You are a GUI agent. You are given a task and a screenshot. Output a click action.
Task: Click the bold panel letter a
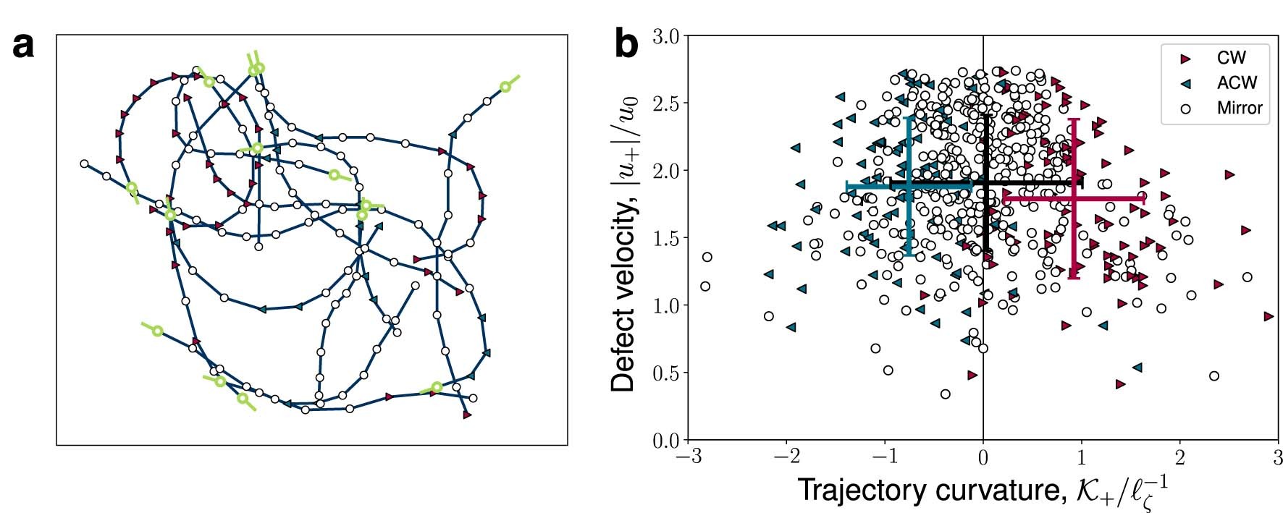(x=24, y=46)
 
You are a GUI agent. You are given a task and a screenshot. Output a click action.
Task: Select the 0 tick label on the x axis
(x=983, y=459)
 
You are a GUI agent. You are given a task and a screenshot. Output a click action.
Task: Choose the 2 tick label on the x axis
(x=1179, y=459)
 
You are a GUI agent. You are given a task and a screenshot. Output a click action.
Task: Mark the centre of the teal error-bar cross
(x=909, y=187)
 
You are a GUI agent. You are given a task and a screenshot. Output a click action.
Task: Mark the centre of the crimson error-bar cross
(x=1074, y=198)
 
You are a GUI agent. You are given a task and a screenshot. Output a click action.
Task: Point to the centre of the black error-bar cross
(x=985, y=183)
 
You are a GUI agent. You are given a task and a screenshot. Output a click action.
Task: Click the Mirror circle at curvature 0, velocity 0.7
(x=983, y=348)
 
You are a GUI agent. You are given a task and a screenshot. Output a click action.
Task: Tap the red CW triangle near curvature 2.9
(x=1268, y=316)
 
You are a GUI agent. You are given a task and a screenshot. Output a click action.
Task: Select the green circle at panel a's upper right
(x=505, y=87)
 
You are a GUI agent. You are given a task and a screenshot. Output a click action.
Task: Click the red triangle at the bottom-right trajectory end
(x=467, y=415)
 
